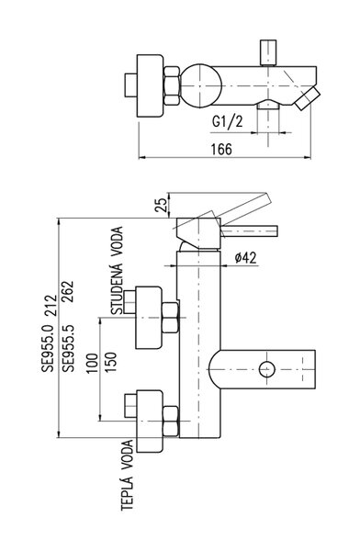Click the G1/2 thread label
(227, 122)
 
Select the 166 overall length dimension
(221, 150)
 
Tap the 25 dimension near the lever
(161, 205)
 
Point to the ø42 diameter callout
(246, 258)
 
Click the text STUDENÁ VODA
(118, 271)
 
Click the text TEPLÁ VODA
(128, 475)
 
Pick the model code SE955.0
(48, 349)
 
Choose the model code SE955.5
(68, 349)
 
